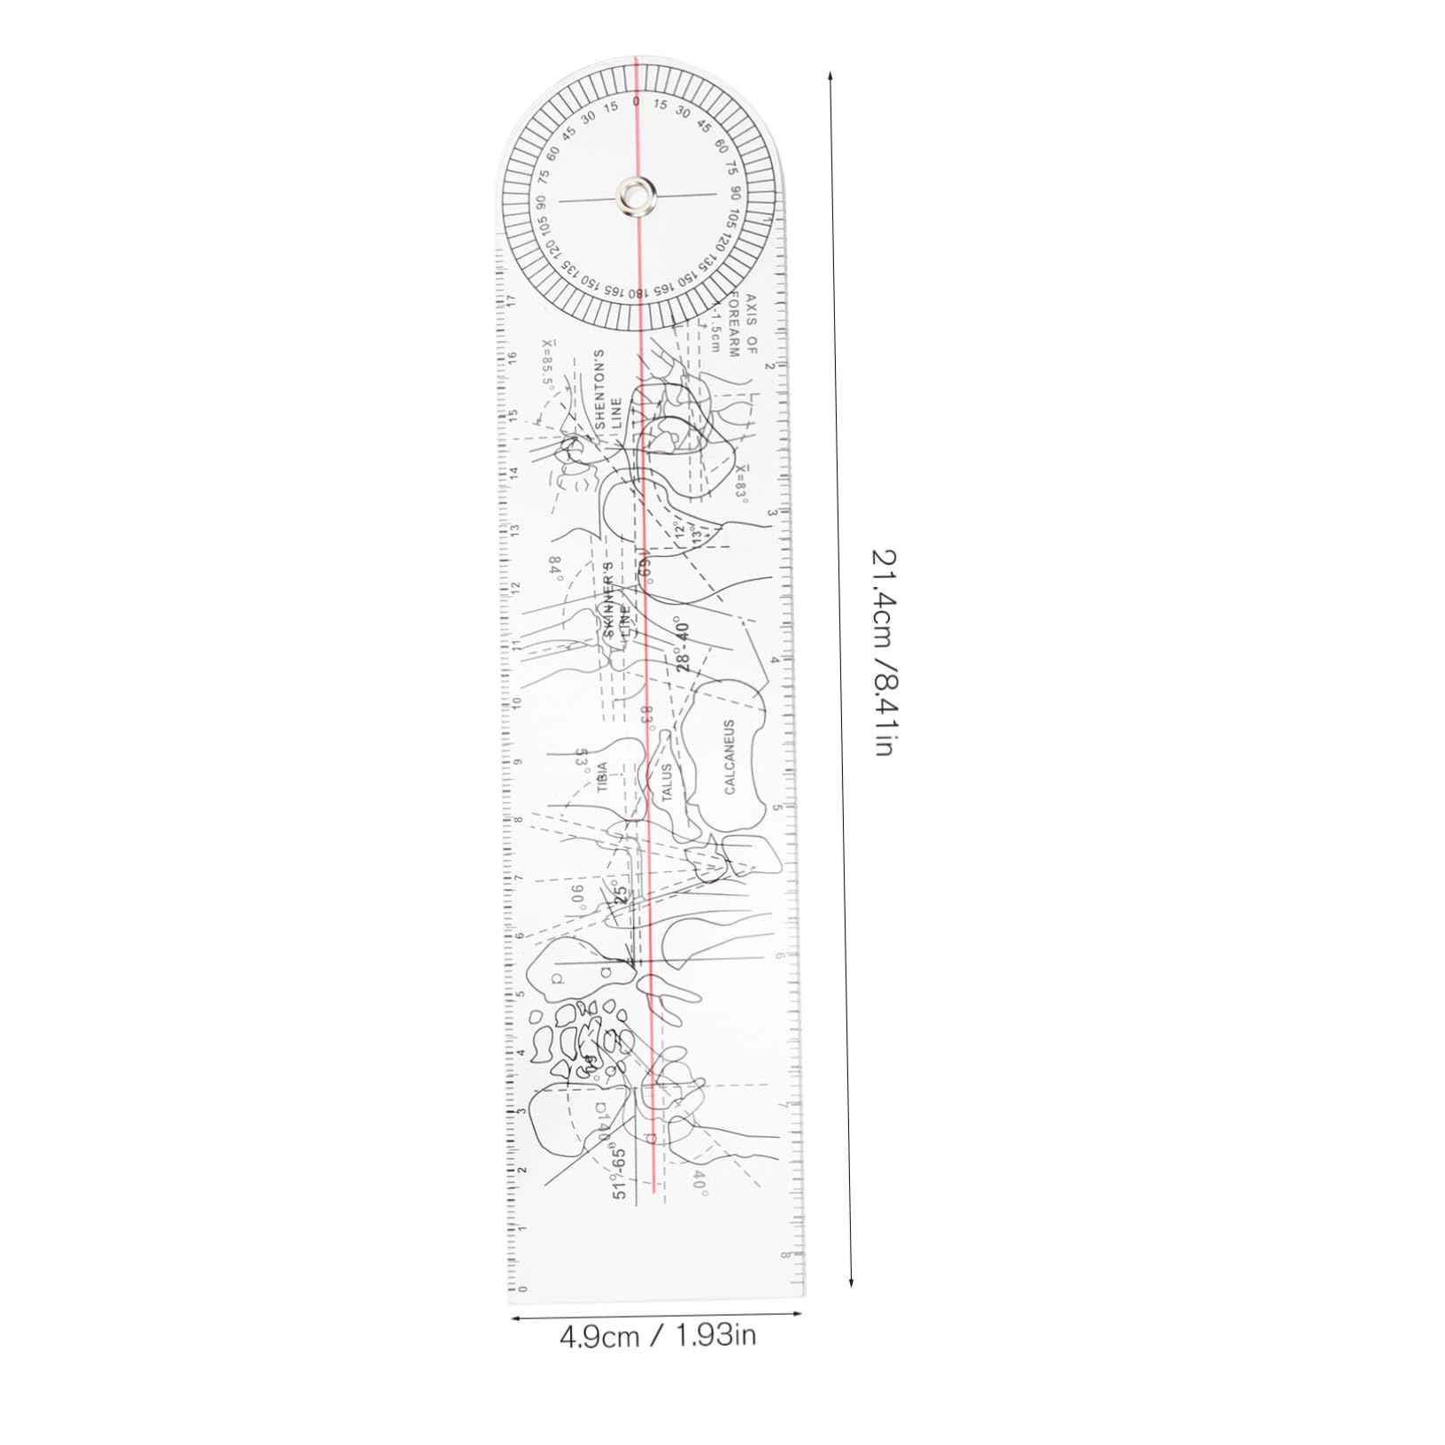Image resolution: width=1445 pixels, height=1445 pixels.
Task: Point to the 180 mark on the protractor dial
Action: point(637,293)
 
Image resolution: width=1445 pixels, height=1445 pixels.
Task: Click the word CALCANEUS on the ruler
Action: point(730,757)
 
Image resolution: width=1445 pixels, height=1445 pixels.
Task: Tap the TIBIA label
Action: point(602,777)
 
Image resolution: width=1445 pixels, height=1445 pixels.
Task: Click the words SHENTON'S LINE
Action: point(607,390)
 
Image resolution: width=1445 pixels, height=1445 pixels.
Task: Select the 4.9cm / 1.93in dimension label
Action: point(658,1335)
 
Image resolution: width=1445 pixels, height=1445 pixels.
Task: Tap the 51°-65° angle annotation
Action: point(619,1173)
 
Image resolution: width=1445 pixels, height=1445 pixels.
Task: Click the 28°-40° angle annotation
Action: point(683,645)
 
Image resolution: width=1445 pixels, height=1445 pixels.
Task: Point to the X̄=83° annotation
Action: point(742,483)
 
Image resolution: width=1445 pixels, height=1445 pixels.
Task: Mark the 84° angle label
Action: point(556,566)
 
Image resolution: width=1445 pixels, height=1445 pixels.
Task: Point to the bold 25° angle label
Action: point(621,894)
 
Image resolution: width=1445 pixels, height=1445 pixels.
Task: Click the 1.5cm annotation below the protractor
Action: point(715,334)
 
